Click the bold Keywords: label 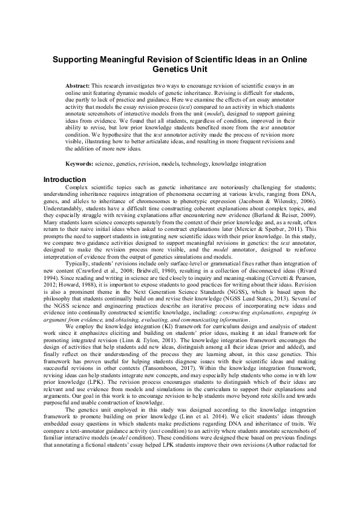[81, 164]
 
